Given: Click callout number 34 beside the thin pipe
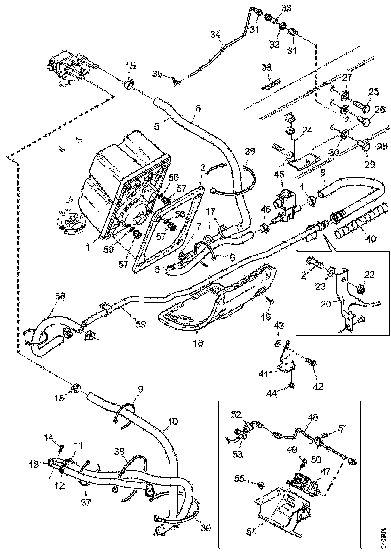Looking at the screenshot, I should [x=215, y=35].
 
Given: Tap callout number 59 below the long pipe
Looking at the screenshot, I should [x=140, y=324].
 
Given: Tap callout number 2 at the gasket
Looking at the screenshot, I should [x=203, y=167].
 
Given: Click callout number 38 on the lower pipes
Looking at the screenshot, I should [x=119, y=451].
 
